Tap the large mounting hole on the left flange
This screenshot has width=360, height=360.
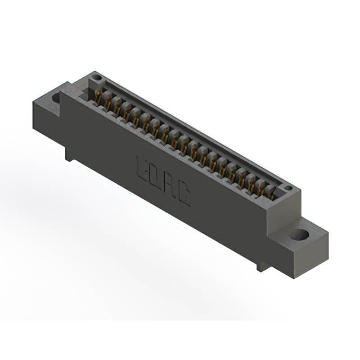56,98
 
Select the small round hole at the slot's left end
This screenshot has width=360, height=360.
97,77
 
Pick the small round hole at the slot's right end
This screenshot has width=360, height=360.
288,188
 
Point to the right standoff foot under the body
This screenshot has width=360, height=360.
262,264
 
